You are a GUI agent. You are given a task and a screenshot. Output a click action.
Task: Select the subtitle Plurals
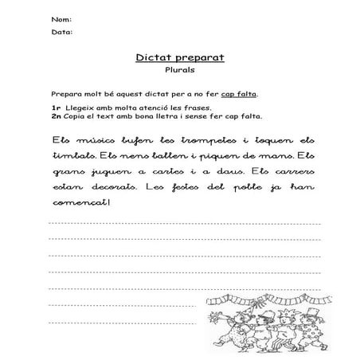pyautogui.click(x=179, y=71)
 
